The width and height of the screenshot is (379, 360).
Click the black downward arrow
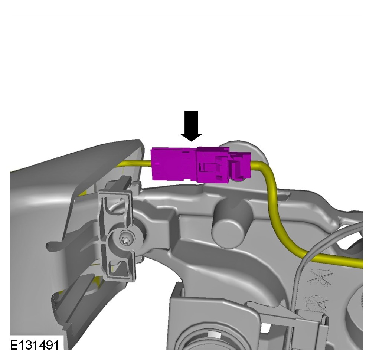coord(191,126)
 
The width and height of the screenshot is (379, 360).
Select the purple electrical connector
coord(200,164)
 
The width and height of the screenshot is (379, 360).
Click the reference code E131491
coord(34,345)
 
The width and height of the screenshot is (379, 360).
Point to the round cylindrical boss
coord(228,223)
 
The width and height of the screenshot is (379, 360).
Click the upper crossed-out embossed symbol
coord(320,276)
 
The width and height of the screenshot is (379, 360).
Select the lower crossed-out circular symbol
coord(317,303)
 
